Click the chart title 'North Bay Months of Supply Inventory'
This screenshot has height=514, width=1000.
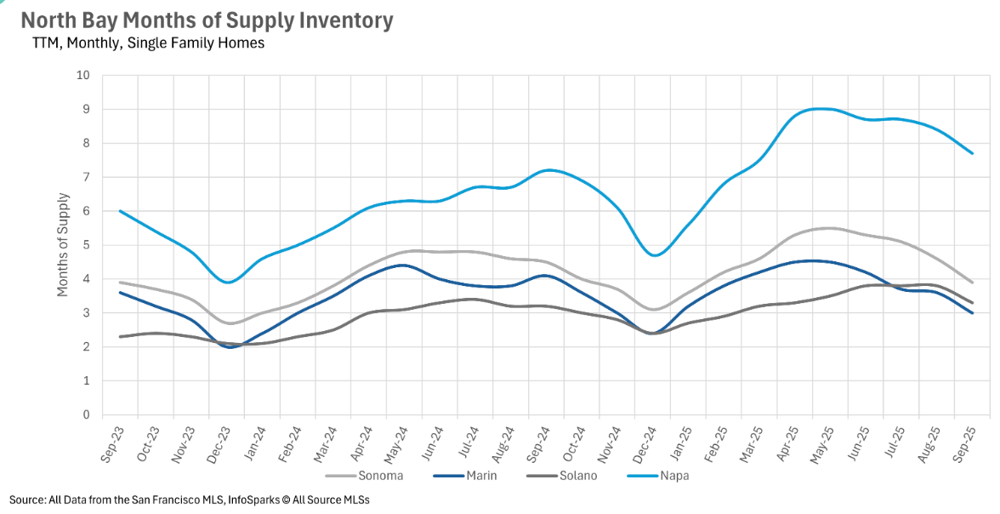point(207,20)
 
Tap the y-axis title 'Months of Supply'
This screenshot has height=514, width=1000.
point(63,245)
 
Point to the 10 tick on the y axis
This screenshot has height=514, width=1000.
point(82,75)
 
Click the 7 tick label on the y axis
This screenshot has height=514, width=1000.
point(85,177)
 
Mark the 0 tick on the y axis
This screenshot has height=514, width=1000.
point(85,415)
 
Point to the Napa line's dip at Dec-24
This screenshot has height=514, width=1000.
point(653,255)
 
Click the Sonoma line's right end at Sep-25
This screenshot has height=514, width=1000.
point(972,283)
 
